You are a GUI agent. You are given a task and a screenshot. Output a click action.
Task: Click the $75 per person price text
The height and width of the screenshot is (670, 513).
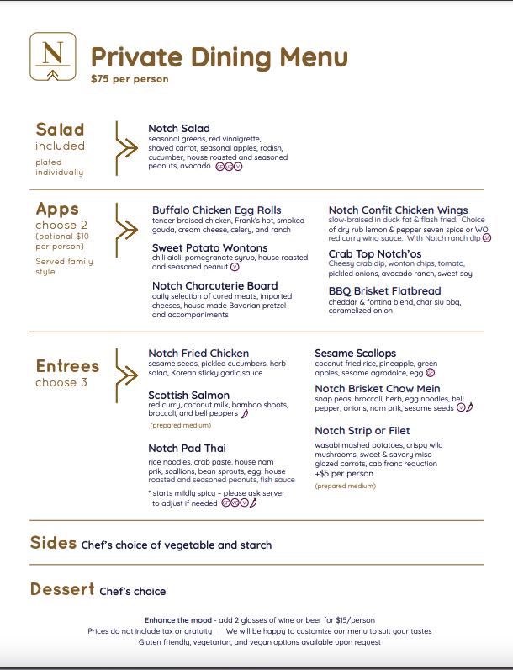tap(130, 79)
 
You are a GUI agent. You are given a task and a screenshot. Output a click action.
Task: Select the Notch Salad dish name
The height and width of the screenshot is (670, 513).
tap(179, 129)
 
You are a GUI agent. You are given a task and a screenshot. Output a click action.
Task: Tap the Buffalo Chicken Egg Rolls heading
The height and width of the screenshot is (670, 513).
tap(217, 210)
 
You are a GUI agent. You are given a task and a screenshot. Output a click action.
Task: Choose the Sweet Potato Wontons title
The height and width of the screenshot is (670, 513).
tap(210, 248)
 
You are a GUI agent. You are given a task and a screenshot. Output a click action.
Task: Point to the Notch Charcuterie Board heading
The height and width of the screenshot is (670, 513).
tap(215, 286)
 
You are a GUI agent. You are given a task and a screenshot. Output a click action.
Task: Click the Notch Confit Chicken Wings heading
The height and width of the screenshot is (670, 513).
tap(399, 210)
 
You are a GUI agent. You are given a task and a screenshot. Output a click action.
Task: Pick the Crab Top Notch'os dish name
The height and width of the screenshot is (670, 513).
tap(375, 253)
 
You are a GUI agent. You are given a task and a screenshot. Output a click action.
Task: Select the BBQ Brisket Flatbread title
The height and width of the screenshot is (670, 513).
tap(383, 291)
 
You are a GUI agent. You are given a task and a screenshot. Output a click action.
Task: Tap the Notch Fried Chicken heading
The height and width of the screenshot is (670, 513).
tap(198, 354)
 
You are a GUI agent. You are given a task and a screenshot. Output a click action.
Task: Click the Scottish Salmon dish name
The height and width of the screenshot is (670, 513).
tap(189, 395)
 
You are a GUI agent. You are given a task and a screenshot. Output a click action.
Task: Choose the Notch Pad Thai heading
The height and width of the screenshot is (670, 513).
tap(187, 448)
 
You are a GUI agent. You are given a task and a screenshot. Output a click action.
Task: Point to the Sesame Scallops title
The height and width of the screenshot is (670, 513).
tap(356, 354)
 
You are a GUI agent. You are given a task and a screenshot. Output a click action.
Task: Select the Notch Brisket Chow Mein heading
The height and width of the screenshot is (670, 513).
tap(378, 389)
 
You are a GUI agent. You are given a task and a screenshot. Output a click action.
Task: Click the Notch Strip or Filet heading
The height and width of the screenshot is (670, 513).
tap(363, 431)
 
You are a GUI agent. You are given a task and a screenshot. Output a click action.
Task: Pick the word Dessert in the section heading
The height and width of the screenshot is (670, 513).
tap(62, 589)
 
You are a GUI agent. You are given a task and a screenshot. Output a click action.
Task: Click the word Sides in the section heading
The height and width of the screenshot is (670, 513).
tap(53, 543)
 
